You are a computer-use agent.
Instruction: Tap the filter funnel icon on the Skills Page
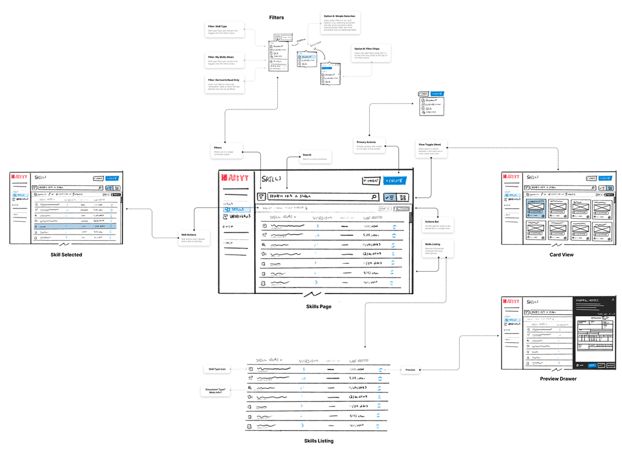pyautogui.click(x=261, y=197)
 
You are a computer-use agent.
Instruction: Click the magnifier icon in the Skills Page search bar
pyautogui.click(x=375, y=197)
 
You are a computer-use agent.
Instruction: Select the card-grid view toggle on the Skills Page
pyautogui.click(x=404, y=197)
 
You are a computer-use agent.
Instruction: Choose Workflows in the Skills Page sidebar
pyautogui.click(x=240, y=216)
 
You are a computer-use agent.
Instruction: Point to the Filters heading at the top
pyautogui.click(x=277, y=18)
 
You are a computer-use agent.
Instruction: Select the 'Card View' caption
pyautogui.click(x=561, y=255)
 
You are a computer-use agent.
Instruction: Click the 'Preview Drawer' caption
pyautogui.click(x=558, y=379)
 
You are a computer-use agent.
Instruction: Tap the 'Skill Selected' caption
pyautogui.click(x=66, y=255)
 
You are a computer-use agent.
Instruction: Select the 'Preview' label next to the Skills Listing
pyautogui.click(x=410, y=370)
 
